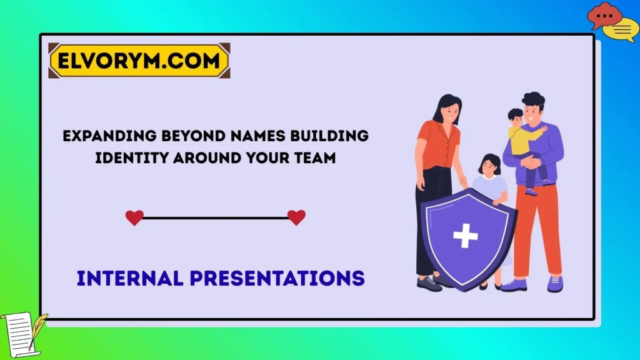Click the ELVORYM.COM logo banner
tap(139, 61)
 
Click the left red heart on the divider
tap(134, 217)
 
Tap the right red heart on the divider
tap(296, 217)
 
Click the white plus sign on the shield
tap(465, 235)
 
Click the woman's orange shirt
tap(437, 144)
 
